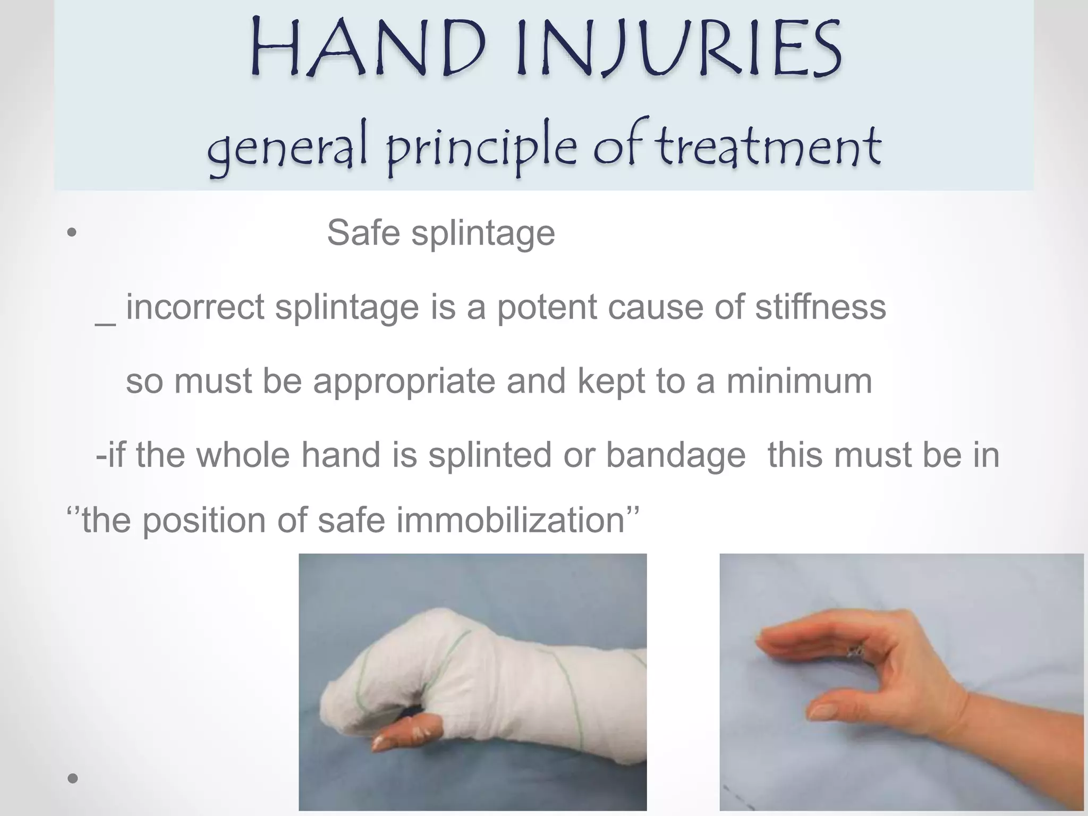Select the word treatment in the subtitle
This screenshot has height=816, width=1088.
pos(768,144)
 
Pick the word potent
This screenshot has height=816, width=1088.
pos(547,308)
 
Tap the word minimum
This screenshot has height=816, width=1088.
pos(799,381)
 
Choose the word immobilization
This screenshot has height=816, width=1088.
pos(511,520)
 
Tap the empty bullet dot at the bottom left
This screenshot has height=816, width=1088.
pos(73,779)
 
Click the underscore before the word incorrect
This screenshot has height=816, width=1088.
pos(105,323)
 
